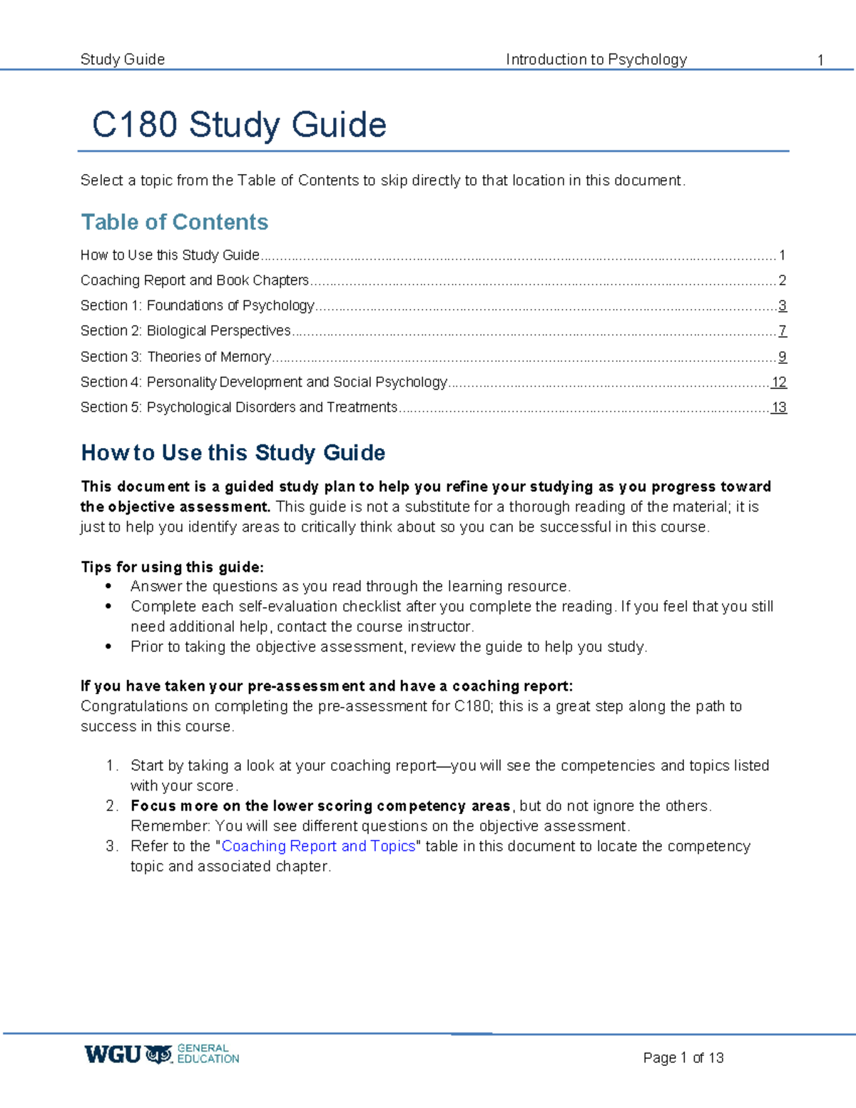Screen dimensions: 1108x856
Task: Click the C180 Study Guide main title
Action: click(239, 125)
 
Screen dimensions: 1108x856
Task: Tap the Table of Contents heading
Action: click(175, 222)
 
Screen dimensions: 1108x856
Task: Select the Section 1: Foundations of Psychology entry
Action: click(197, 305)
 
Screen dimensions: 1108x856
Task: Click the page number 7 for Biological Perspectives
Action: click(782, 331)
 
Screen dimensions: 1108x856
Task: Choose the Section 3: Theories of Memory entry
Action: click(175, 357)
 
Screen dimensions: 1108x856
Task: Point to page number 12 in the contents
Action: click(779, 382)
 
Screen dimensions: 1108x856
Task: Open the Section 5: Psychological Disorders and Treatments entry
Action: click(238, 407)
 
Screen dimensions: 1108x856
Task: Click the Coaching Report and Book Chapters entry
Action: click(194, 280)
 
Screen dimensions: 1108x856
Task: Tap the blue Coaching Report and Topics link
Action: click(318, 846)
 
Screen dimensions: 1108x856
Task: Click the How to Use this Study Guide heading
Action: click(233, 453)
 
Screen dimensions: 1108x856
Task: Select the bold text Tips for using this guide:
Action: click(172, 567)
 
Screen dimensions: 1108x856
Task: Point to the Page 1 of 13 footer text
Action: click(683, 1057)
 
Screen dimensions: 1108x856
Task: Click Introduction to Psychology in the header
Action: click(596, 59)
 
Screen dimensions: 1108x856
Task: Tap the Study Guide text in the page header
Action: click(123, 59)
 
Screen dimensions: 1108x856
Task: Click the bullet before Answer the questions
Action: click(108, 586)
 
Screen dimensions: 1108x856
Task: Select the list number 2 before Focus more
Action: click(111, 806)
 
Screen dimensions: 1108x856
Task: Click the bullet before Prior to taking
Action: click(108, 647)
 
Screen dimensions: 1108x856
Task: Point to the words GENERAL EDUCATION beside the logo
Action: click(208, 1054)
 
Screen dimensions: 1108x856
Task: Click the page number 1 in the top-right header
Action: click(820, 60)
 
